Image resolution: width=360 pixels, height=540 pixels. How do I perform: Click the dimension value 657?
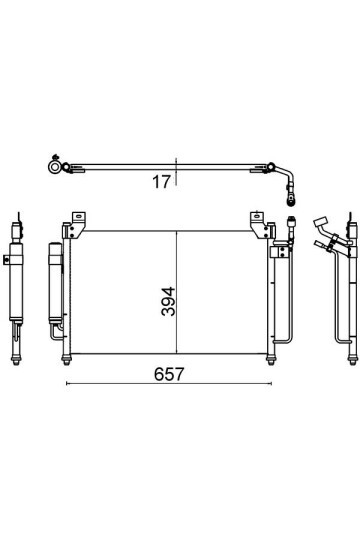[169, 374]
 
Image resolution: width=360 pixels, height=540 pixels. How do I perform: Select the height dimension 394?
[168, 302]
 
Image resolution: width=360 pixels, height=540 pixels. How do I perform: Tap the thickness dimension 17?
[161, 181]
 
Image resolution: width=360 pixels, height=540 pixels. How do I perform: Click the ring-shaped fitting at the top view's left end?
[54, 167]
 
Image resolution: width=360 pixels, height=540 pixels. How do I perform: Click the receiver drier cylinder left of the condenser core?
[55, 283]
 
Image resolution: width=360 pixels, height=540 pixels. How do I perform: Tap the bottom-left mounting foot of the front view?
[66, 360]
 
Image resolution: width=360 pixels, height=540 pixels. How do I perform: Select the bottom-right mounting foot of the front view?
[271, 360]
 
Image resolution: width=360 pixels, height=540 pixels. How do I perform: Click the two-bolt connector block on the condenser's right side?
[281, 251]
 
